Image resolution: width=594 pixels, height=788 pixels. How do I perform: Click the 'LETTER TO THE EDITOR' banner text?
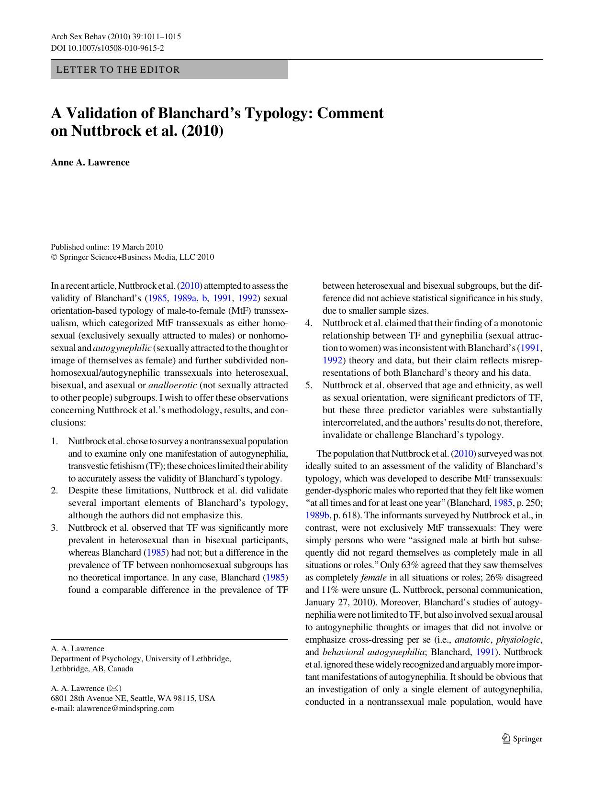point(118,70)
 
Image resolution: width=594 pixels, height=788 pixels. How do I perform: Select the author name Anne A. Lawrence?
point(90,162)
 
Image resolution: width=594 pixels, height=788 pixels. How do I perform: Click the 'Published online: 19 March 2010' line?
point(107,247)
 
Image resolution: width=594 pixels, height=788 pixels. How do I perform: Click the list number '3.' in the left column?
point(55,528)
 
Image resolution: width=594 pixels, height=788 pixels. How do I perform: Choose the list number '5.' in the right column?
point(309,385)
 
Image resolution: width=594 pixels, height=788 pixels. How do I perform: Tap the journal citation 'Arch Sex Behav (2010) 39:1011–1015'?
point(115,37)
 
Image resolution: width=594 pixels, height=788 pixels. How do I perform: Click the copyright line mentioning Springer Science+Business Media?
point(133,257)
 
